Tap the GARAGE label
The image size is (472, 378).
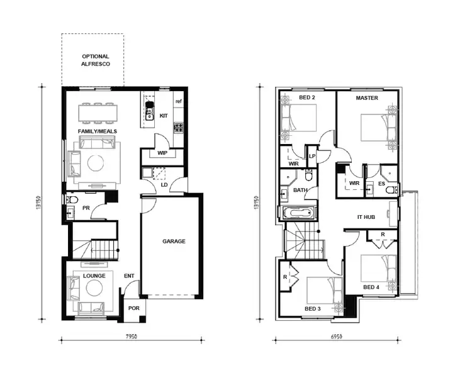point(174,241)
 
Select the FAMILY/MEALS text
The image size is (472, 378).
point(96,131)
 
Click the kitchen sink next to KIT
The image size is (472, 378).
point(150,114)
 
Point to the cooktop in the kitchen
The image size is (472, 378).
point(178,128)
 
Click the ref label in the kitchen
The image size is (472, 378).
point(179,102)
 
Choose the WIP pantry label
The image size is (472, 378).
point(162,153)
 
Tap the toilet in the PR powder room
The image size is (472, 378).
point(71,200)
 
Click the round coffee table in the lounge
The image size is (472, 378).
point(94,289)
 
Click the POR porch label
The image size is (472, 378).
point(133,308)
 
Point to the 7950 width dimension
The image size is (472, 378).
point(131,337)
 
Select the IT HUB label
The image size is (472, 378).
point(366,216)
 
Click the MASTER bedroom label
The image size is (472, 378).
point(366,98)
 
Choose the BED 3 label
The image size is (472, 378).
point(313,308)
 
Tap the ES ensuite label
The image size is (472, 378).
point(381,184)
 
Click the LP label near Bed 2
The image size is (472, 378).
point(312,156)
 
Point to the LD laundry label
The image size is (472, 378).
point(164,185)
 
